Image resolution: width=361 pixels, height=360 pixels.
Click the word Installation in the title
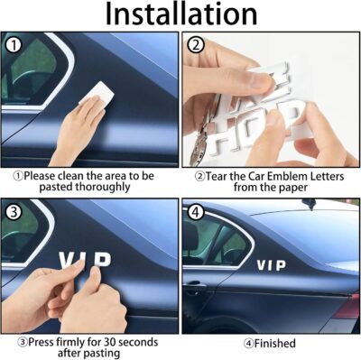pyautogui.click(x=180, y=15)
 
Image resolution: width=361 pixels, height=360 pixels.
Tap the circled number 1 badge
pyautogui.click(x=13, y=45)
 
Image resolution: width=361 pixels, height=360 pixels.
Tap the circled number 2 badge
pyautogui.click(x=194, y=45)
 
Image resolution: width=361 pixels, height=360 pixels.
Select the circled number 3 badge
pyautogui.click(x=13, y=213)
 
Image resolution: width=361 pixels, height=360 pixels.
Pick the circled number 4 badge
pyautogui.click(x=194, y=213)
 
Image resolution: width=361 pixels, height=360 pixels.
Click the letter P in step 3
pyautogui.click(x=105, y=260)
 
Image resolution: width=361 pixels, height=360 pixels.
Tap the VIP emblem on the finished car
pyautogui.click(x=272, y=264)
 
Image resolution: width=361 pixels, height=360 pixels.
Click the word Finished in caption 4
pyautogui.click(x=277, y=343)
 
